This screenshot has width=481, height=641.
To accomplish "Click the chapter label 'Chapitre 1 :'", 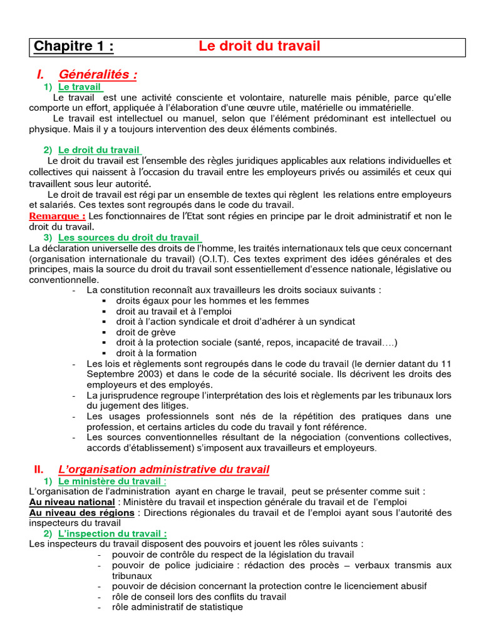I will click(74, 47).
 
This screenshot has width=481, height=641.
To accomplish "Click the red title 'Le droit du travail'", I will click(259, 46).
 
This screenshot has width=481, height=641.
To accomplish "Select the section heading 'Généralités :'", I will click(98, 75).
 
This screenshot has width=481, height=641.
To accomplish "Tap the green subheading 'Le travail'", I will click(80, 87).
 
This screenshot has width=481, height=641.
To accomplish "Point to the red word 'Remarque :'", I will click(58, 217).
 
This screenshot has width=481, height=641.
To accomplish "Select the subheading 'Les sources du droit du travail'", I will click(130, 238).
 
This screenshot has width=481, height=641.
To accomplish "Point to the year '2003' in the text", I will click(136, 374).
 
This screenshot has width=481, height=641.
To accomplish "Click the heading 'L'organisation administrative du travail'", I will click(163, 469).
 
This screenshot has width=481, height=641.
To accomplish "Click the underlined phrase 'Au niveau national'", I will click(72, 503).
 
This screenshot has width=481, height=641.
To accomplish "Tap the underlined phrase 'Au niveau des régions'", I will click(81, 513).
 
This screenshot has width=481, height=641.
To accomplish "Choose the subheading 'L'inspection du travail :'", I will click(113, 534).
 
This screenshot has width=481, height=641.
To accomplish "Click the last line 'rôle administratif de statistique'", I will click(177, 607).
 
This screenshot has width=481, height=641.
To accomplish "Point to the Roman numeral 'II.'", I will click(38, 469).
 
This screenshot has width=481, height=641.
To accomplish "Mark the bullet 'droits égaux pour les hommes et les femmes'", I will click(212, 300).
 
